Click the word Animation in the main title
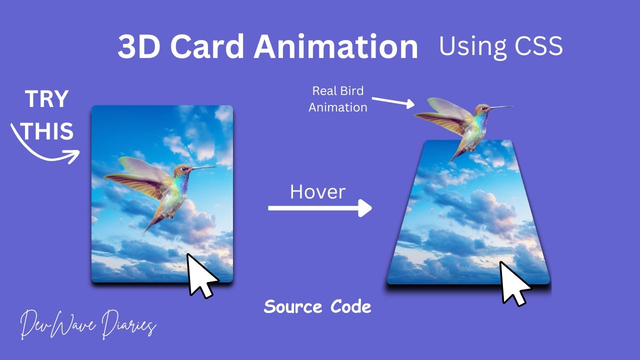pos(335,47)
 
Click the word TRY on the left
pos(46,100)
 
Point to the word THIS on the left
pos(48,132)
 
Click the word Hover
pos(317,192)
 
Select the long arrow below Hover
pos(320,208)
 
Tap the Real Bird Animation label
pos(338,99)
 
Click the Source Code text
pos(317,306)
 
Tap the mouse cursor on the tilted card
pos(514,282)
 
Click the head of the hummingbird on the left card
pos(183,170)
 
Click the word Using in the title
pos(470,46)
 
